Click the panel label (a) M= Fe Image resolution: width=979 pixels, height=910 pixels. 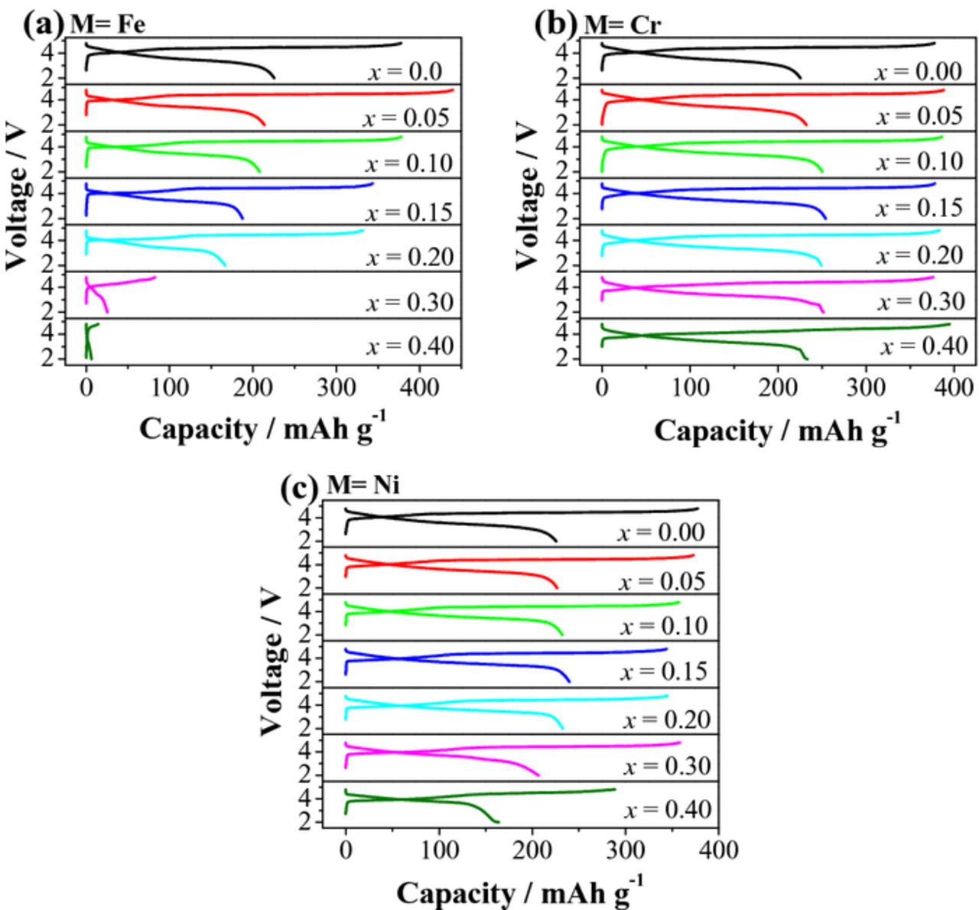click(84, 24)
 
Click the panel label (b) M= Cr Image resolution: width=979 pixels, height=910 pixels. click(597, 24)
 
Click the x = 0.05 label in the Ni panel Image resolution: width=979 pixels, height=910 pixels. click(662, 581)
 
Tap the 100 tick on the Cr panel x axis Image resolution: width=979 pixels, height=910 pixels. click(690, 387)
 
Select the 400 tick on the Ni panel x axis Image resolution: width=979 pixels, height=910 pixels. click(718, 850)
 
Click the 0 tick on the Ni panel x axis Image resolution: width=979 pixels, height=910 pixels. click(346, 850)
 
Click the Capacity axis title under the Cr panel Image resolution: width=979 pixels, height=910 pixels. click(776, 431)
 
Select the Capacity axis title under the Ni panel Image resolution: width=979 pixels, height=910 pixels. click(519, 892)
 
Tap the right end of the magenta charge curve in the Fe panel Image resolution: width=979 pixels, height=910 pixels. click(155, 277)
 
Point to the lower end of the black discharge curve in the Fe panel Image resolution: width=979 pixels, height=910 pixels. click(275, 78)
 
